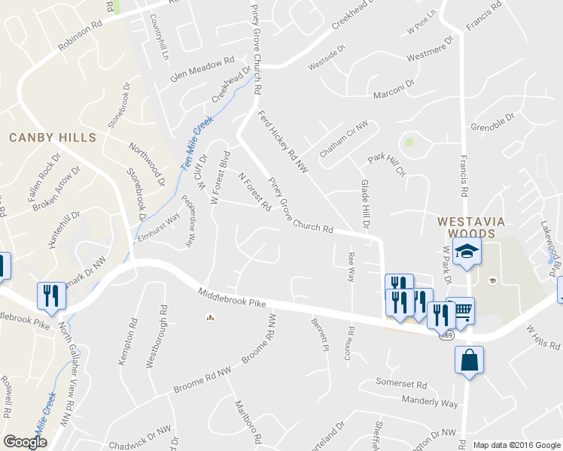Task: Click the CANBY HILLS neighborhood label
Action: coord(53,138)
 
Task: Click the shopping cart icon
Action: coord(460,310)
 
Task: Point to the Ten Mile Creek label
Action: coord(195,144)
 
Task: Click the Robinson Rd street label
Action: coord(80,37)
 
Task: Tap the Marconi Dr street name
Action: coord(394,89)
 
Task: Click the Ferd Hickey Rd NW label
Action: coord(284,142)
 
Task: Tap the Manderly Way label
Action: coord(429,402)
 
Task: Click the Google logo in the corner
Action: coord(25,442)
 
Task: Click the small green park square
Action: coord(409,141)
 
